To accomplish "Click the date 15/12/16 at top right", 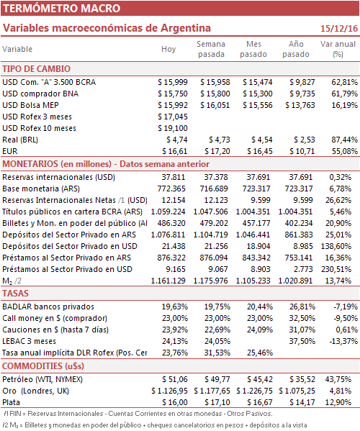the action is (x=339, y=28).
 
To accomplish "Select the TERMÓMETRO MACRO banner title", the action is (x=62, y=8).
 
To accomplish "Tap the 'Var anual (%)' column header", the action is (x=338, y=49).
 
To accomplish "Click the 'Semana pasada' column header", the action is (x=211, y=49).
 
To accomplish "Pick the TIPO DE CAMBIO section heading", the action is (x=36, y=69).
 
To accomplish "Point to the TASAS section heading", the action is (x=15, y=294).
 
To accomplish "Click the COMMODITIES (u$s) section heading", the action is (x=43, y=366).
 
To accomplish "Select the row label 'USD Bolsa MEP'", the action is (x=30, y=105).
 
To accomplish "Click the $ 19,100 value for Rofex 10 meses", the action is (x=173, y=128).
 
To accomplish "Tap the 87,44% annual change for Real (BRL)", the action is (x=344, y=140).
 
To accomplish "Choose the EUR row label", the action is (x=10, y=151).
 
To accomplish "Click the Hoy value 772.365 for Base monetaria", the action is (x=171, y=189).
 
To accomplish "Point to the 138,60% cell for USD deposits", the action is (x=336, y=246).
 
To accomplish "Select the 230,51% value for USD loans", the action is (x=336, y=269).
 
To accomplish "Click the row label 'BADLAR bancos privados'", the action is (x=48, y=307).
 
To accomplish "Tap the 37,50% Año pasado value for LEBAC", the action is (x=302, y=341).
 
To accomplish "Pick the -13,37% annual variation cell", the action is (x=343, y=341).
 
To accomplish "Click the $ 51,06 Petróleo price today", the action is (x=175, y=380).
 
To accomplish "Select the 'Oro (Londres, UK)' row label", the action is (x=35, y=391).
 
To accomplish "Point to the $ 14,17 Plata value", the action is (x=302, y=403).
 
